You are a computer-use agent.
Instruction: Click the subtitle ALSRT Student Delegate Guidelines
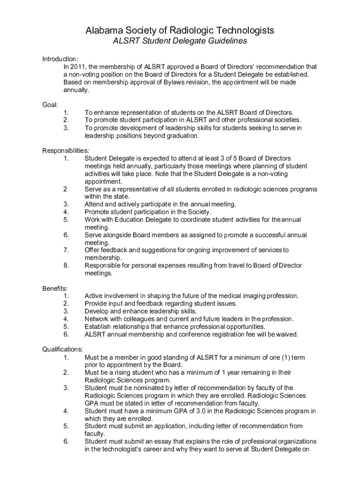click(x=180, y=42)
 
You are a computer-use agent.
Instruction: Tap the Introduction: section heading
click(x=60, y=59)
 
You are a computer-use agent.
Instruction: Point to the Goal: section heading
click(x=50, y=105)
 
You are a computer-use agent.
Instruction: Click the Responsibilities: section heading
click(x=66, y=151)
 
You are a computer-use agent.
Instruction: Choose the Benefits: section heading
click(x=55, y=288)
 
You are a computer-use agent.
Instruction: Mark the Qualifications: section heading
click(x=63, y=349)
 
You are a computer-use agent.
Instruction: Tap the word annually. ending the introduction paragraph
click(x=76, y=90)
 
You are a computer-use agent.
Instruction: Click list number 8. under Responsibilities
click(x=66, y=266)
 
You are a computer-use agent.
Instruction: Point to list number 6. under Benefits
click(x=66, y=334)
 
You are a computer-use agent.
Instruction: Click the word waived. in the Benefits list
click(x=287, y=334)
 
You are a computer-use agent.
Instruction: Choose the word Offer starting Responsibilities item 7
click(x=92, y=250)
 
